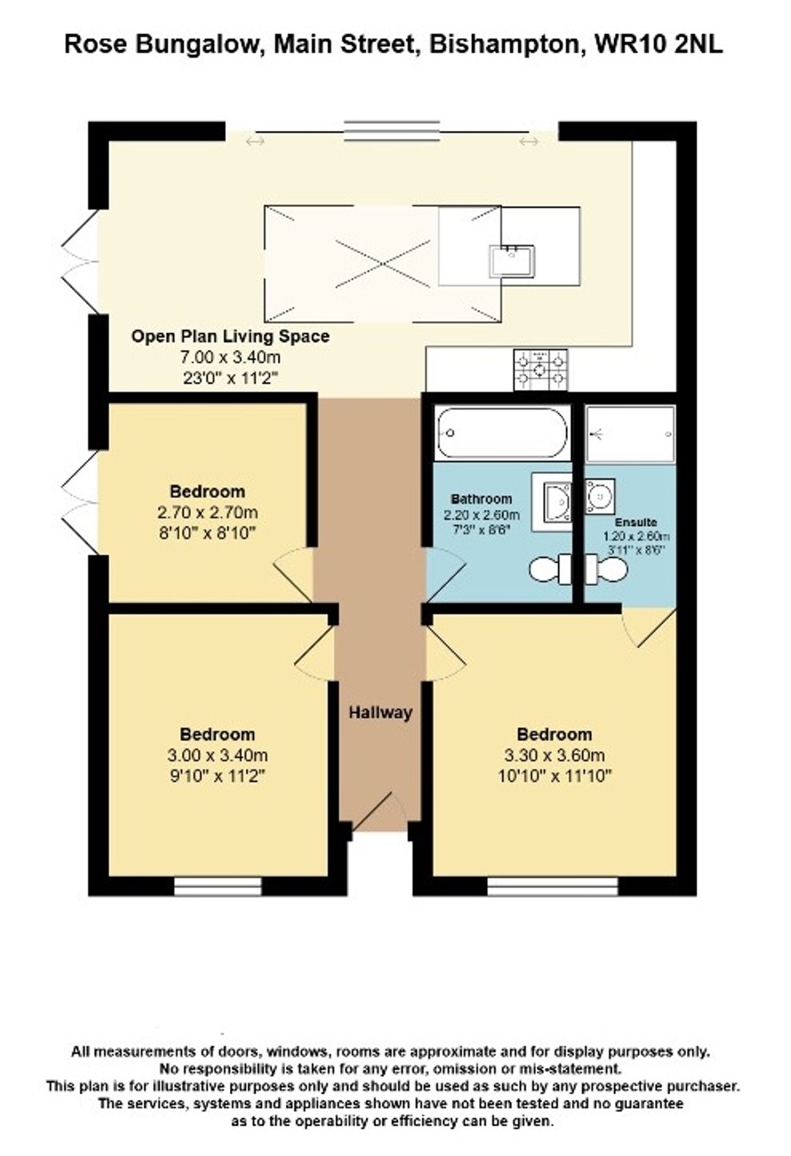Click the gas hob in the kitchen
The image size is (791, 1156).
pyautogui.click(x=540, y=370)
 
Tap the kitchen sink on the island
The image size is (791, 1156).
pyautogui.click(x=512, y=261)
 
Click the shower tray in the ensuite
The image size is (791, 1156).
pyautogui.click(x=630, y=434)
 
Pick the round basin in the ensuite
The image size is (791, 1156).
pyautogui.click(x=600, y=496)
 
